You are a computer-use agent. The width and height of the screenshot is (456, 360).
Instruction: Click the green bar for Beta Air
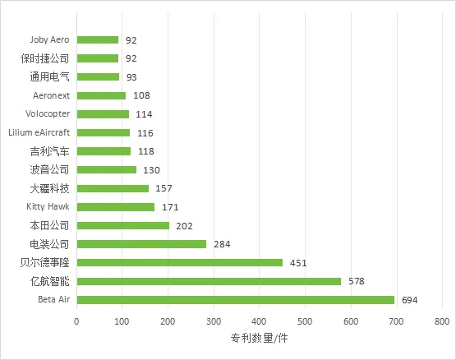(x=236, y=300)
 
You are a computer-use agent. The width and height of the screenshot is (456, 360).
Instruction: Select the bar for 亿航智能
(x=209, y=281)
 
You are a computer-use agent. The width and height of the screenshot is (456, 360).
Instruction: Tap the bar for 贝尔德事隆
(x=180, y=262)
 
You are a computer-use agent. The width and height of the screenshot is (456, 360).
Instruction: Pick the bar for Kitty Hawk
(x=116, y=207)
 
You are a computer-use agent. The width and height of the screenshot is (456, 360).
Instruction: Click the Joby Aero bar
(x=98, y=40)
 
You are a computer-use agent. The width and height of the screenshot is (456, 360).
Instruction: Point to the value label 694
(x=409, y=300)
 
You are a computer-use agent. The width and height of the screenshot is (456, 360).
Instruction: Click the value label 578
(x=357, y=281)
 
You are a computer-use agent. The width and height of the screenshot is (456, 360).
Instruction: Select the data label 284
(x=222, y=244)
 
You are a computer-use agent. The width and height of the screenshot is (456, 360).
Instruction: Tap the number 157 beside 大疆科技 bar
(x=164, y=188)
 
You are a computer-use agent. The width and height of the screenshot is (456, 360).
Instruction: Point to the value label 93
(x=131, y=77)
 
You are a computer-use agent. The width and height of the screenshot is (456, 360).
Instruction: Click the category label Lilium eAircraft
(x=39, y=132)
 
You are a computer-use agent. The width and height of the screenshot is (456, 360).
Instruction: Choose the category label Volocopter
(x=48, y=113)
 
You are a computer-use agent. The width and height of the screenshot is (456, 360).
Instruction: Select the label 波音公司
(x=50, y=169)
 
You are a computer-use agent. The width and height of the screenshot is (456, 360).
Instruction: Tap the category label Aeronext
(x=51, y=95)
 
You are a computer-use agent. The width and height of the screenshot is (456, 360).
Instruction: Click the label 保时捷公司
(x=45, y=58)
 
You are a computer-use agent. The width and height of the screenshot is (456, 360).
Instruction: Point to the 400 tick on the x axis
(x=259, y=321)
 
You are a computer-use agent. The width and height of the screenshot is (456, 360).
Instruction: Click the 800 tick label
(x=442, y=321)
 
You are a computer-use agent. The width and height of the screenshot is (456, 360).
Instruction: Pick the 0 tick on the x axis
(x=76, y=321)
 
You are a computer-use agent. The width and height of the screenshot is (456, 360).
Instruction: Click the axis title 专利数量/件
(x=259, y=338)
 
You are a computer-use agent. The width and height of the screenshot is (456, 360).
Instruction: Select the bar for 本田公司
(x=123, y=225)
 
